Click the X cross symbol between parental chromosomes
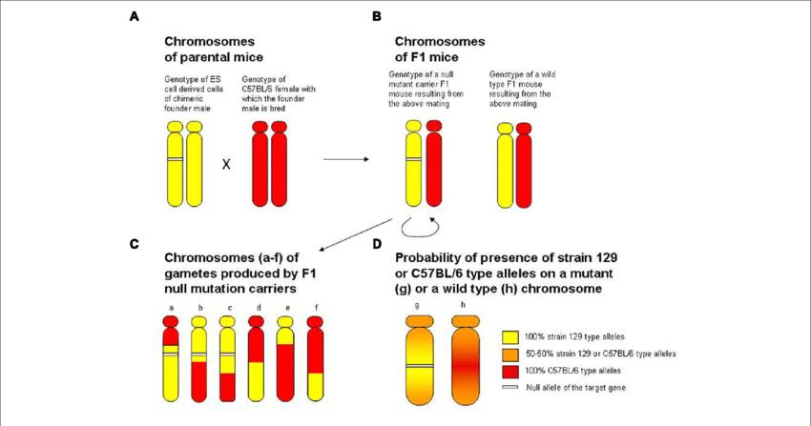point(226,165)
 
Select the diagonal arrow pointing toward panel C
point(357,233)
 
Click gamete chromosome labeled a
point(170,358)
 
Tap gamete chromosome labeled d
point(256,358)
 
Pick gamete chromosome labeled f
point(314,358)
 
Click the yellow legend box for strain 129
point(509,335)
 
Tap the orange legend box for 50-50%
point(509,353)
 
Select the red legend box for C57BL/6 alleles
point(509,369)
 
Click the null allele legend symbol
point(509,386)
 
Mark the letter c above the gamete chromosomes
point(229,307)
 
